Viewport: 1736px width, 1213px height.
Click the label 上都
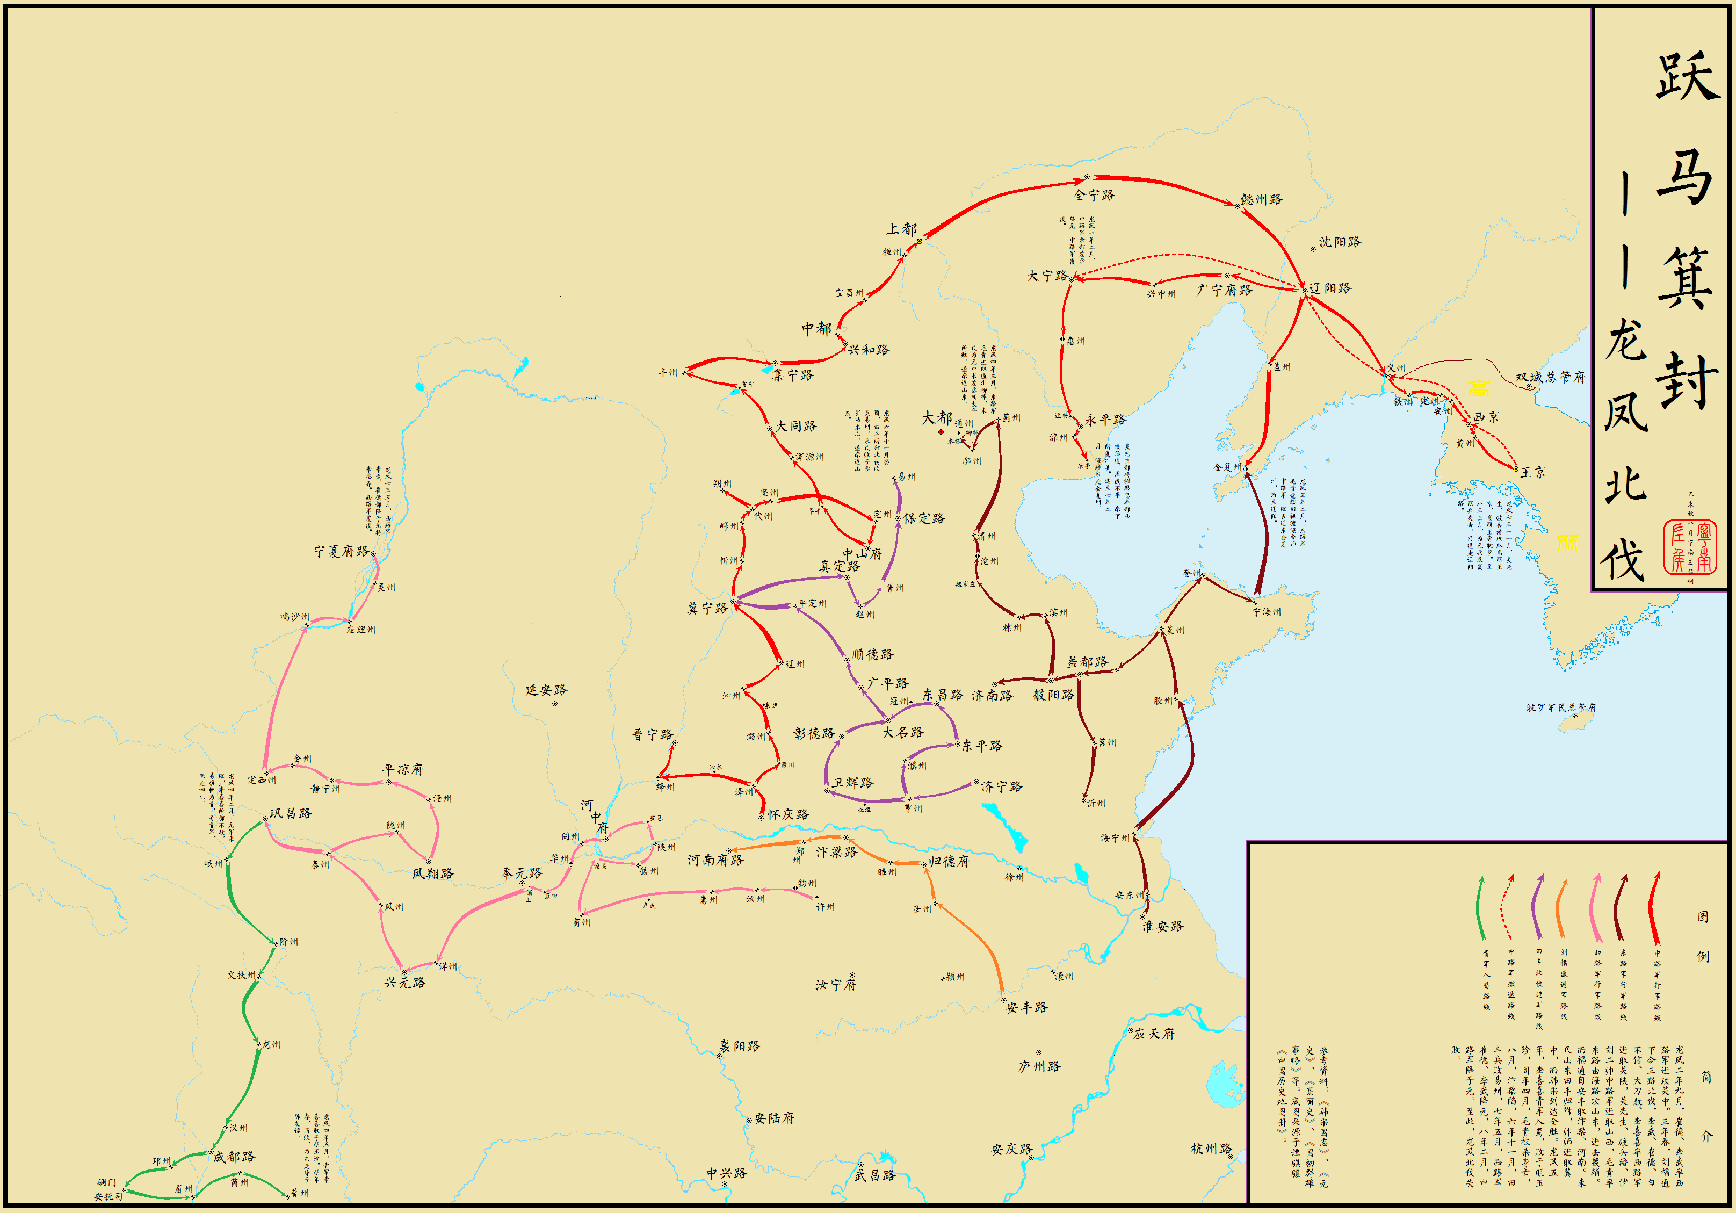(x=901, y=228)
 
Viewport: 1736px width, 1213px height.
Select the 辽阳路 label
(x=1330, y=288)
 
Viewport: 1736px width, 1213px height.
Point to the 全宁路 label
(x=1094, y=195)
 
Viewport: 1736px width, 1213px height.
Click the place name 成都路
(x=234, y=1156)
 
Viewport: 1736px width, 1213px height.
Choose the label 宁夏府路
(x=342, y=551)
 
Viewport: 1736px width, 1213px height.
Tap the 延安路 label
(x=546, y=690)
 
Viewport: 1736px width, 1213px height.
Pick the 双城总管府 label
(x=1550, y=377)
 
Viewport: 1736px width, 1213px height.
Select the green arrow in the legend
(x=1482, y=907)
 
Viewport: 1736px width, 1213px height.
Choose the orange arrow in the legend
(x=1560, y=907)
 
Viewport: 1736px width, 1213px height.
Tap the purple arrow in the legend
(x=1537, y=907)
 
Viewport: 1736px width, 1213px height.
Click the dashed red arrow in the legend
(x=1508, y=907)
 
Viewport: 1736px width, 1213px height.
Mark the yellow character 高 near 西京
(x=1478, y=388)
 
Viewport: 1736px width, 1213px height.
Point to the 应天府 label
(x=1154, y=1033)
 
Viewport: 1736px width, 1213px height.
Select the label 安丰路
(x=1027, y=1007)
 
